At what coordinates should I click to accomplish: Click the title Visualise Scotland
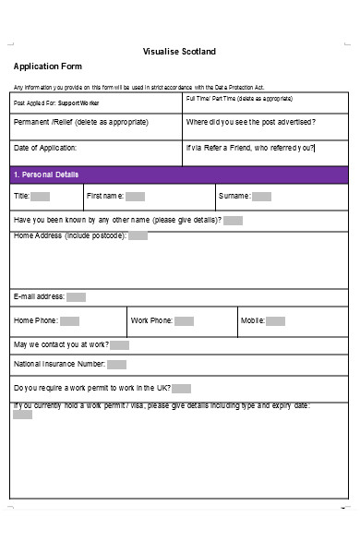point(179,51)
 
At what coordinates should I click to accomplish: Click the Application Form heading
point(47,66)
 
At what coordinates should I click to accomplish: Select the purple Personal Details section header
point(179,174)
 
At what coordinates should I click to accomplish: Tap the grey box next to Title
point(42,197)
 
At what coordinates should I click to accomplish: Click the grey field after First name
point(135,197)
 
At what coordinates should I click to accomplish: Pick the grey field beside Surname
point(261,197)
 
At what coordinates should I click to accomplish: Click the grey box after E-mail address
point(76,297)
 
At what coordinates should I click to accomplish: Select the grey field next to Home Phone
point(69,321)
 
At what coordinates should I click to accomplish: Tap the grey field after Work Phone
point(185,321)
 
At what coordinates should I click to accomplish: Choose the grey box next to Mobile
point(276,321)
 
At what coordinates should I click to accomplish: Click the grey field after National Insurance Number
point(119,365)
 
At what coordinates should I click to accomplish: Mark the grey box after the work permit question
point(181,389)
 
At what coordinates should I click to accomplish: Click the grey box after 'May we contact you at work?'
point(119,345)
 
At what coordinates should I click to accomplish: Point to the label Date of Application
point(45,148)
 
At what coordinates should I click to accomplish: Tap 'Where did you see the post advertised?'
point(250,123)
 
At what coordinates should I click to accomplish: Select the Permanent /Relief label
point(79,123)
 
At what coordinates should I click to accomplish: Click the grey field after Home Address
point(138,236)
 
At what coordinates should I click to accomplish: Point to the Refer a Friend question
point(249,148)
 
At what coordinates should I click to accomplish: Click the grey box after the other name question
point(234,221)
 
